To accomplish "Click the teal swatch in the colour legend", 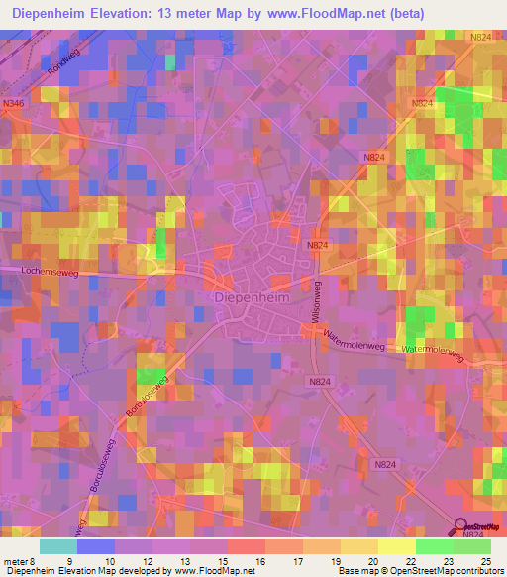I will click(x=58, y=545).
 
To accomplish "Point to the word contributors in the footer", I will click(x=475, y=570).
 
